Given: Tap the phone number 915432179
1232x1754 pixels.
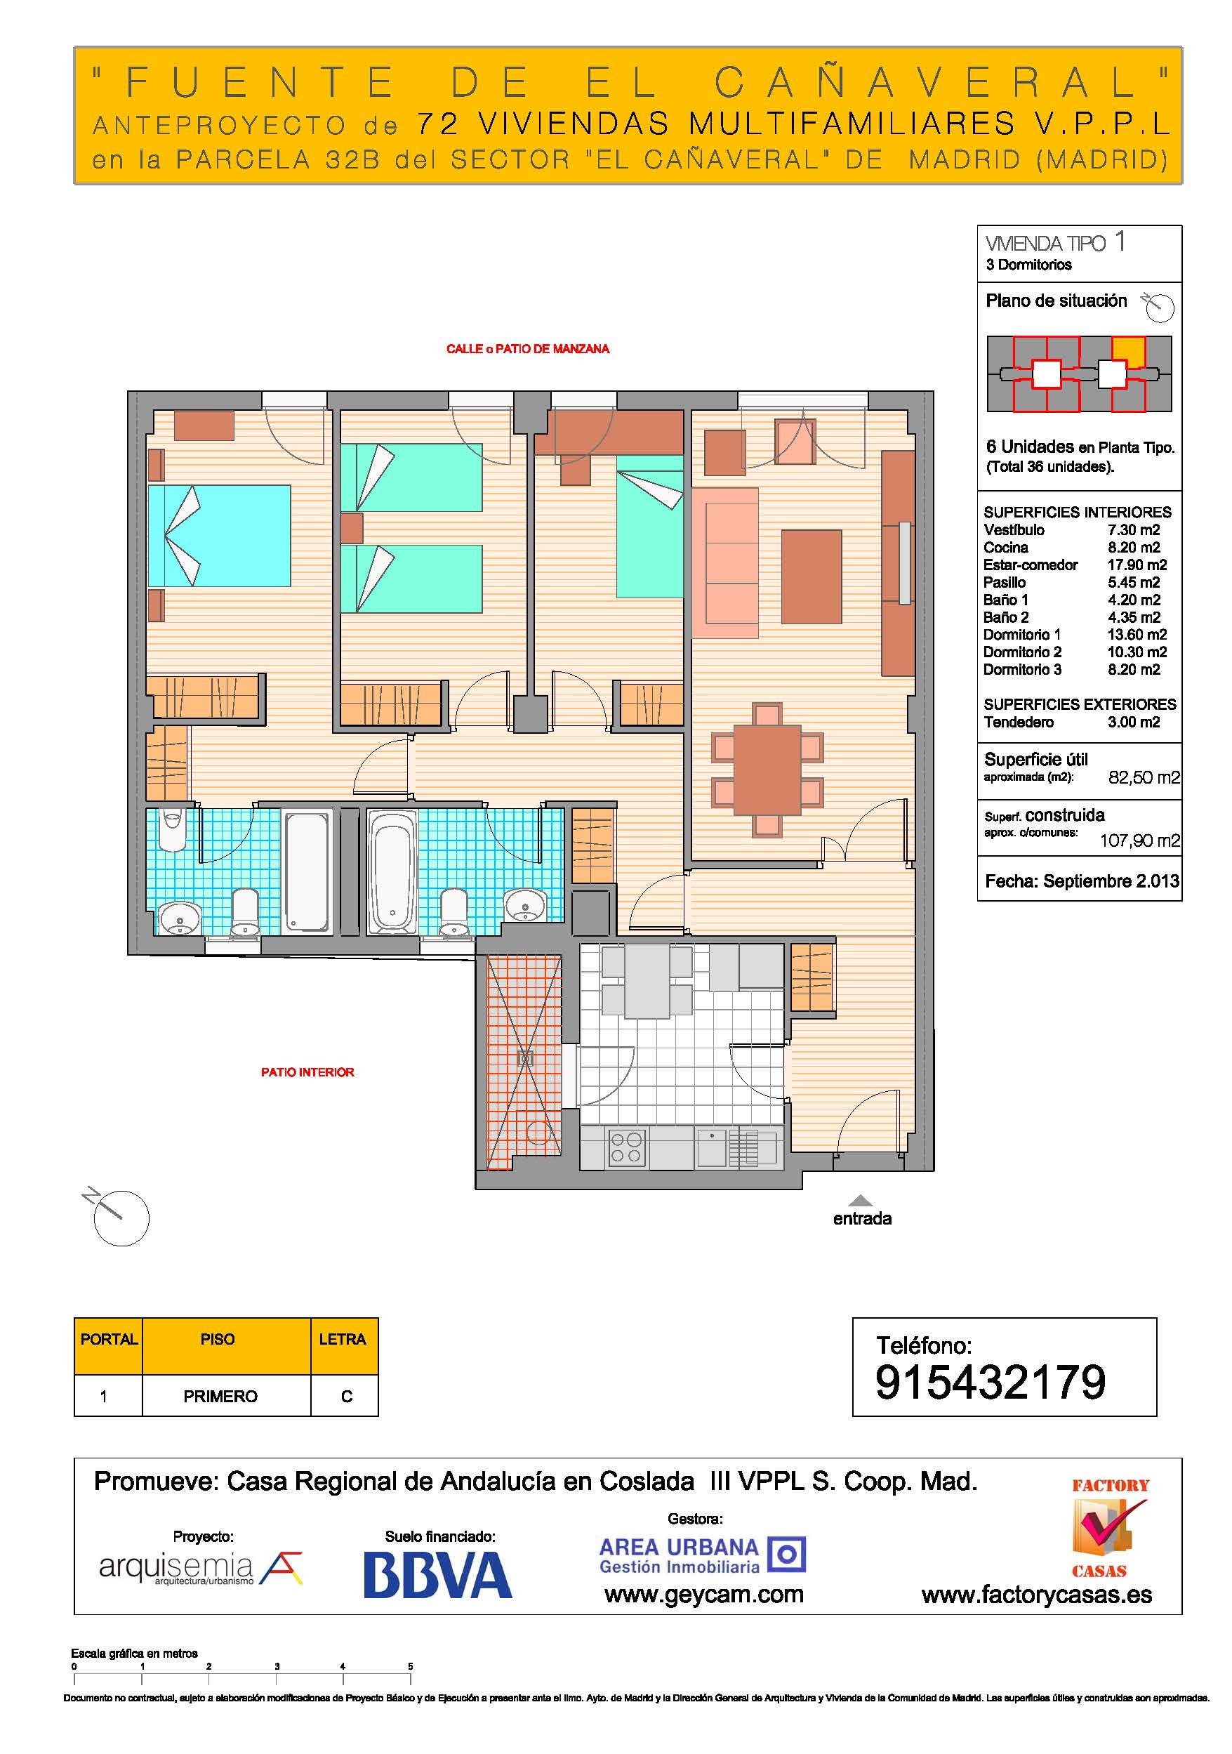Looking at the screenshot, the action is (990, 1381).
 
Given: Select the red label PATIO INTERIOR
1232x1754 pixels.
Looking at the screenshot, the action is (307, 1071).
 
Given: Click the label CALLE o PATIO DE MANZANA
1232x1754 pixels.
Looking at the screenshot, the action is (528, 349).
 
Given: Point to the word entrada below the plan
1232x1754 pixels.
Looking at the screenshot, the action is (862, 1218).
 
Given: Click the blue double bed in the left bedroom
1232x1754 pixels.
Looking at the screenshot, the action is (219, 536).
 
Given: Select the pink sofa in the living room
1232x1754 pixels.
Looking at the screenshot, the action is (725, 563).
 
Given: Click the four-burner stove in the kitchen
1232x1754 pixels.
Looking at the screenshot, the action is (626, 1148).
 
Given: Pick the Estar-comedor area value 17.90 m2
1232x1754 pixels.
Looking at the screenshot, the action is (1137, 565).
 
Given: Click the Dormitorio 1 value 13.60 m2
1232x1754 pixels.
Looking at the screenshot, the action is (1137, 635).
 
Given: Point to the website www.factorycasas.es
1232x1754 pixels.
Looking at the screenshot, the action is (1036, 1595).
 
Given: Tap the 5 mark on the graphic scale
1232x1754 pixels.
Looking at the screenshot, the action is (410, 1666).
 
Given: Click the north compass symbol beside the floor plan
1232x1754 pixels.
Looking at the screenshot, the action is (119, 1215).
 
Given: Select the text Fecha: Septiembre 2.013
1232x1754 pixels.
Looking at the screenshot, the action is (1082, 881).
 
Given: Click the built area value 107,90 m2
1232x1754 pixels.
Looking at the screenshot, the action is (1139, 841).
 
